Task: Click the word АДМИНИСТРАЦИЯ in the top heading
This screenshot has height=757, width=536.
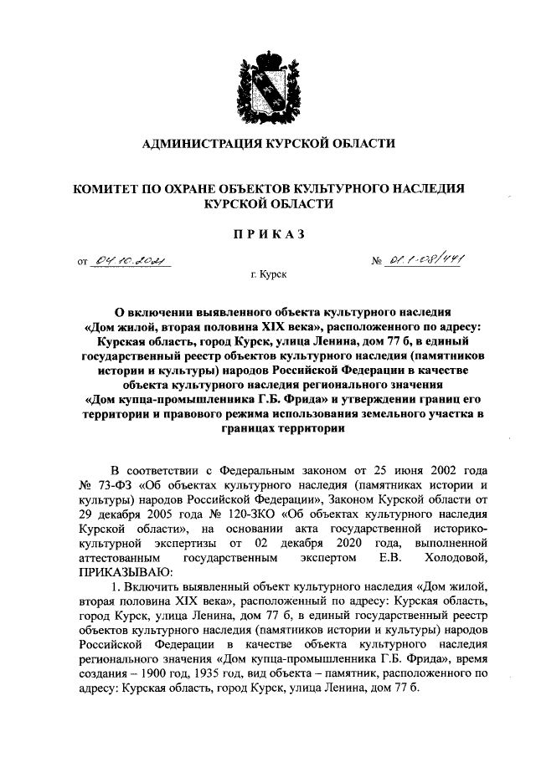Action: coord(202,145)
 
